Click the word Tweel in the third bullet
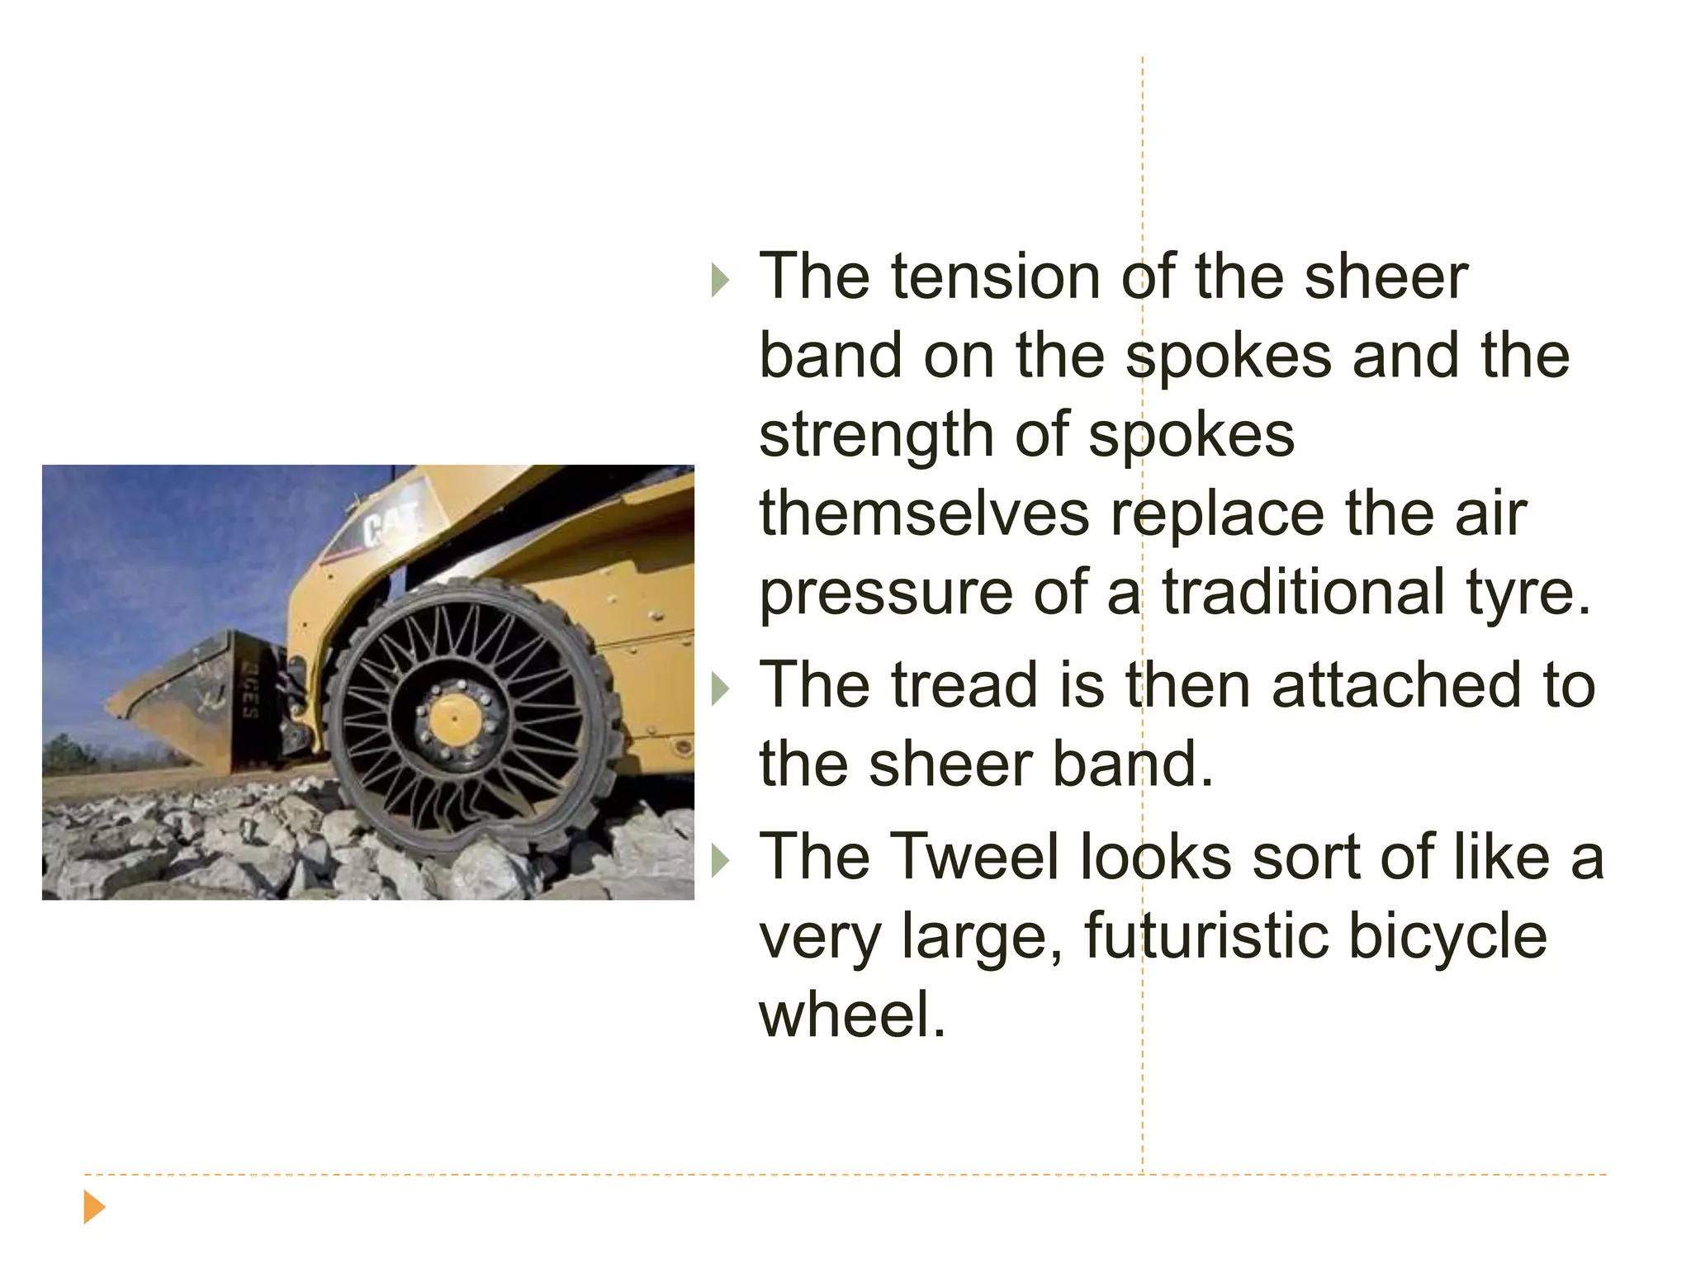tap(974, 856)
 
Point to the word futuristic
tap(1205, 935)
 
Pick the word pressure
tap(885, 593)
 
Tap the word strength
tap(876, 434)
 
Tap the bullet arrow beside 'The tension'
tap(720, 281)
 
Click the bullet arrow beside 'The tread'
tap(720, 689)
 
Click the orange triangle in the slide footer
tap(94, 1207)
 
